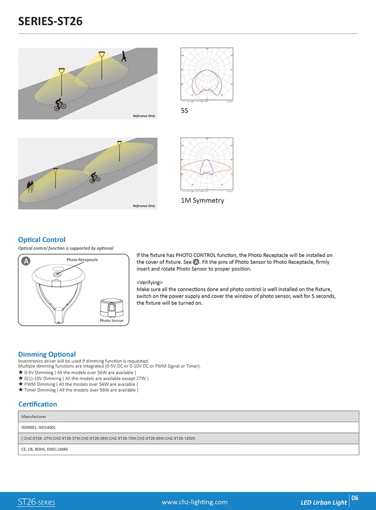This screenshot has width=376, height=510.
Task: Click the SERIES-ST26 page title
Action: coord(50,21)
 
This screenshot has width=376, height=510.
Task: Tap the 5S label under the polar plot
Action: coord(184,111)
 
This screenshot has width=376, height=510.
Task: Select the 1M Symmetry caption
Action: coord(202,201)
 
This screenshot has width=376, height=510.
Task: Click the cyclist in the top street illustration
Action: coord(60,104)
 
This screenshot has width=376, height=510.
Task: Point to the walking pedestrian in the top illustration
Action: coord(124,56)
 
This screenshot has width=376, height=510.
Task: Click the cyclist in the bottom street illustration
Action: coord(95,177)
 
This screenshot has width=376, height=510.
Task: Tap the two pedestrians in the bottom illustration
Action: coord(30,186)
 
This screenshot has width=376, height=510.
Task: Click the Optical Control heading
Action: coord(42,240)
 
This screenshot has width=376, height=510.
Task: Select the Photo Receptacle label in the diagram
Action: coord(82,260)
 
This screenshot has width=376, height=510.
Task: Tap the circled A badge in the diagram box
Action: coord(26,261)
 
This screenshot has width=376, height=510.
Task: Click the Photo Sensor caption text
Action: coord(111,321)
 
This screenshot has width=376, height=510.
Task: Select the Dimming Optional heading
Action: coord(47,354)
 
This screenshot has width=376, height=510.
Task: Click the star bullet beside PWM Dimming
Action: coord(21,384)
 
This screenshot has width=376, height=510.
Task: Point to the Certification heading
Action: coord(38,404)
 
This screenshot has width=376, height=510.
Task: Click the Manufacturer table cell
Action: coord(34,416)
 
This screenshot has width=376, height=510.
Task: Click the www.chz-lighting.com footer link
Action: coord(194,502)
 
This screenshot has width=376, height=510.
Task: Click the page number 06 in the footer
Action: coord(355,498)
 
